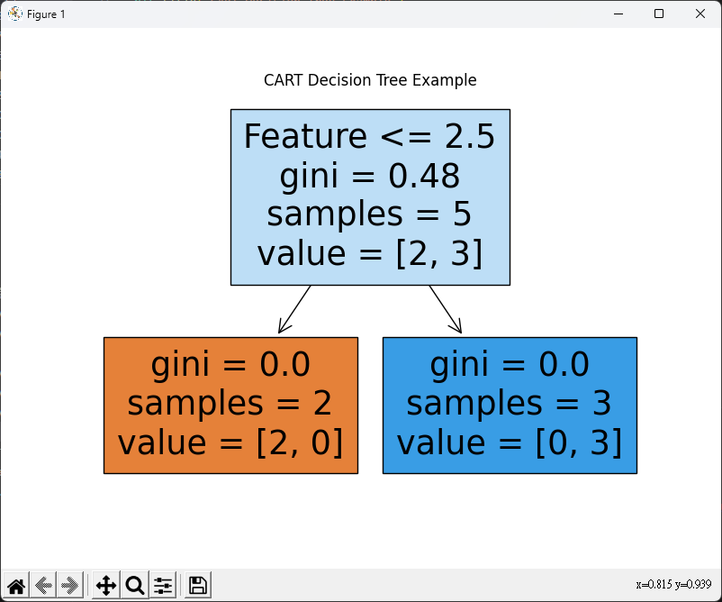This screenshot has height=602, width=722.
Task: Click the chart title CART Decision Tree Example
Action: click(x=370, y=80)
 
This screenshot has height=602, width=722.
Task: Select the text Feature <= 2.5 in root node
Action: click(x=370, y=136)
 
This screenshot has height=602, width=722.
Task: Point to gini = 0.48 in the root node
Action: click(x=370, y=176)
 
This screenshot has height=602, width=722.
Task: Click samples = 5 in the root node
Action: click(x=370, y=214)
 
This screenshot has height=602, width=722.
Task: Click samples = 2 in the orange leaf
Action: click(x=230, y=403)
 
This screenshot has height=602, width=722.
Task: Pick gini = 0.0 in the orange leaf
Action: click(x=230, y=364)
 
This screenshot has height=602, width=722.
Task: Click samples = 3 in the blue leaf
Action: click(x=510, y=403)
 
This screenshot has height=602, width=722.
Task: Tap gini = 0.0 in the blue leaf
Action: click(x=510, y=364)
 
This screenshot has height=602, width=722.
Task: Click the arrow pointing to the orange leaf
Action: click(x=294, y=310)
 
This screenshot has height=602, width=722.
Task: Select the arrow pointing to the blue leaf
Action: click(x=446, y=310)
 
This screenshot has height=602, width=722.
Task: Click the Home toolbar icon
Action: click(x=16, y=586)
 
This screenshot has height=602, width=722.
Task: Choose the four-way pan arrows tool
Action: click(x=106, y=586)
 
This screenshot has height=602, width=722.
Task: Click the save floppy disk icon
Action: click(x=198, y=586)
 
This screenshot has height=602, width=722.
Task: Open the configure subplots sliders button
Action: click(x=163, y=586)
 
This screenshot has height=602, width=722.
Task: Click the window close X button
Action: click(x=700, y=14)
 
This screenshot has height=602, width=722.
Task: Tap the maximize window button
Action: click(x=659, y=14)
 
